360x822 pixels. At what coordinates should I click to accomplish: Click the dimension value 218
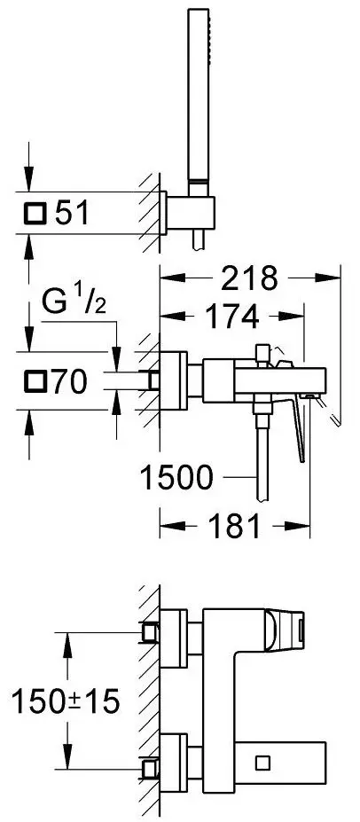(x=249, y=278)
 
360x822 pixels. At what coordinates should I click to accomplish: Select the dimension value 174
(x=231, y=316)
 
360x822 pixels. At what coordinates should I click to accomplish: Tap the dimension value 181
(x=234, y=526)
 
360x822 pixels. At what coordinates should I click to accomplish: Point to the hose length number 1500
(x=177, y=477)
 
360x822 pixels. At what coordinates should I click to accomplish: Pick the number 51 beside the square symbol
(x=73, y=214)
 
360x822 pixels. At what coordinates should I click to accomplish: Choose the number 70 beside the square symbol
(x=69, y=381)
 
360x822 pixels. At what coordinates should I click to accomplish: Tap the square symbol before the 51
(x=35, y=214)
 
